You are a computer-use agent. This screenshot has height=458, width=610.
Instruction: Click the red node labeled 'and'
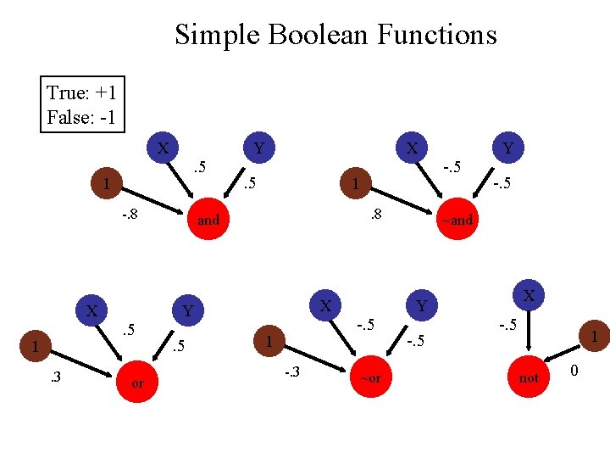pos(208,220)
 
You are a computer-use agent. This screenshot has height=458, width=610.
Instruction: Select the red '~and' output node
pos(456,220)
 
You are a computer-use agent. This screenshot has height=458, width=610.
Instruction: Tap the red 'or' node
pos(137,383)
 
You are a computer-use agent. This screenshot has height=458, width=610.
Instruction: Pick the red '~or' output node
pos(371,377)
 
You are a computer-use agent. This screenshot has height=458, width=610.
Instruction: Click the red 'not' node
pos(529,377)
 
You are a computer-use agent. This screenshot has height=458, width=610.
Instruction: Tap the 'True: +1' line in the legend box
pos(81,92)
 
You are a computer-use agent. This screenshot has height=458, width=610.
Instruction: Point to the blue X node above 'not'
pos(529,295)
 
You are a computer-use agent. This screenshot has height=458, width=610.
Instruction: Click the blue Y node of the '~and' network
pos(507,148)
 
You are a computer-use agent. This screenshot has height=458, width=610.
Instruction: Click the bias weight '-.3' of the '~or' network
pos(291,371)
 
